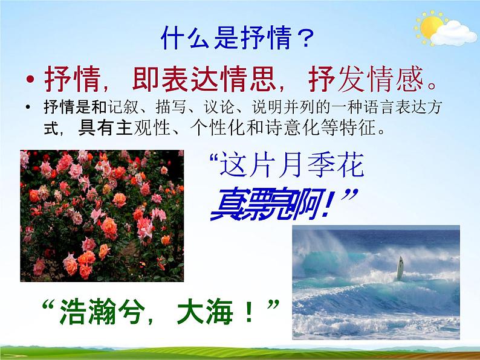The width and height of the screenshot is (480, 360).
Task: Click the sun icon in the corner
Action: (x=430, y=26)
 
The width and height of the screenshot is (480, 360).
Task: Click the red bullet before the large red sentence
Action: (x=30, y=80)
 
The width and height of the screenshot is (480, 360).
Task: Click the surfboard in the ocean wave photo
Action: (x=400, y=268)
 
